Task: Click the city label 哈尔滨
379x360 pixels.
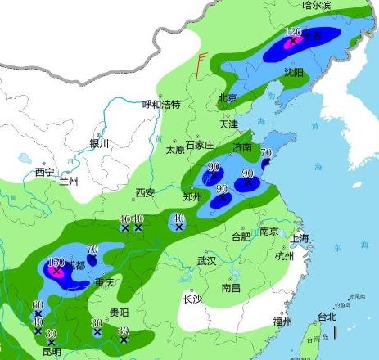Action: tap(316, 6)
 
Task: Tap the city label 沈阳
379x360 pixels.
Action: tap(293, 73)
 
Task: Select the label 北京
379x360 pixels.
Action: tap(227, 98)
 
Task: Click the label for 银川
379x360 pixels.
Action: tap(99, 144)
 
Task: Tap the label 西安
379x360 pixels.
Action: tap(145, 193)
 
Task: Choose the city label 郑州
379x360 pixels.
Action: tap(193, 197)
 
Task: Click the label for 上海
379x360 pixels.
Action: tap(300, 238)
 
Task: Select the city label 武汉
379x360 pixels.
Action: tap(206, 262)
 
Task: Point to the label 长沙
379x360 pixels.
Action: tap(192, 299)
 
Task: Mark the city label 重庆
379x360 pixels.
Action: tap(104, 283)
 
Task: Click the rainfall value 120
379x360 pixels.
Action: tap(293, 32)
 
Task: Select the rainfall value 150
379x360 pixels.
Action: tap(56, 263)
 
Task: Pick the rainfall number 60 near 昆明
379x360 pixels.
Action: tap(38, 305)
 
